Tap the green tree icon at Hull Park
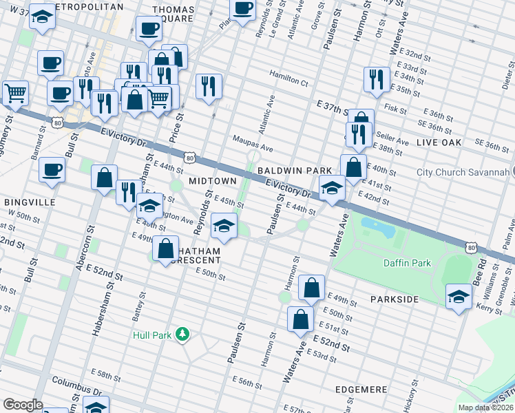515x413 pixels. coord(182,335)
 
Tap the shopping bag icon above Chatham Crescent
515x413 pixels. coord(166,250)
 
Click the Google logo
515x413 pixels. coord(23,405)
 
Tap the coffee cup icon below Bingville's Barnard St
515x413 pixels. coord(52,170)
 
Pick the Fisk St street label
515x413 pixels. coord(396,108)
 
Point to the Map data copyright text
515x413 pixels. coord(486,407)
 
